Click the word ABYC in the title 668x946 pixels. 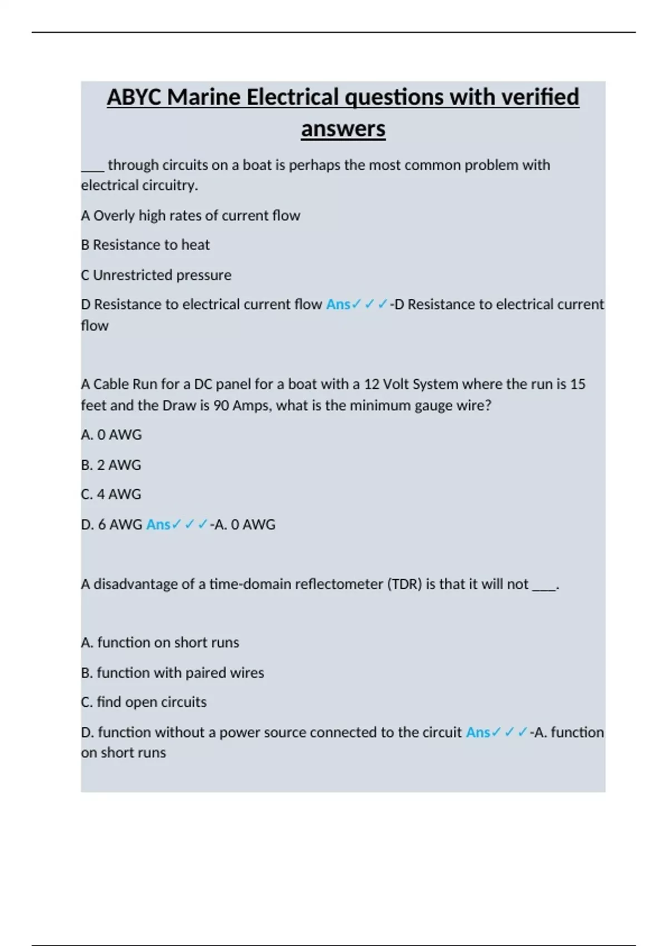point(134,97)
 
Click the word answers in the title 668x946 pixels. point(343,129)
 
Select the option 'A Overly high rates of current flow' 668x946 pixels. point(190,215)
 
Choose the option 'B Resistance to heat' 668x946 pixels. point(145,245)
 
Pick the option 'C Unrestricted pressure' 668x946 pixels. point(156,275)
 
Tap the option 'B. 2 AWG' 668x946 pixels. point(111,465)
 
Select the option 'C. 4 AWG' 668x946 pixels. point(111,494)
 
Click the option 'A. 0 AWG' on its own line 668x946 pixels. point(111,435)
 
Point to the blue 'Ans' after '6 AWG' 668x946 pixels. point(158,524)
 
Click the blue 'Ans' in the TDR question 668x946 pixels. point(478,732)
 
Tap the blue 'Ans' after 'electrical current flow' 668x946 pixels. point(338,304)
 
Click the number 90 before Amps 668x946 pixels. point(221,406)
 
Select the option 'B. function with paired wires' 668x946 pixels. point(172,673)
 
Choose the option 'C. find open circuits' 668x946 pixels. point(143,702)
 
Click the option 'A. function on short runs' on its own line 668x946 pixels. point(160,643)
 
